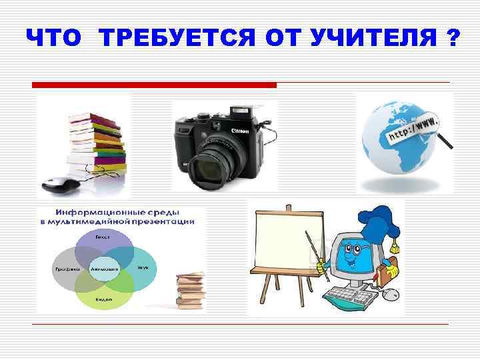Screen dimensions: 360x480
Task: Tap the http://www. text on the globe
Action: click(x=410, y=131)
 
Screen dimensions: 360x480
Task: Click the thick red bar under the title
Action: click(x=154, y=85)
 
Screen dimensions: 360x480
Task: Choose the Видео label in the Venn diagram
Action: click(x=103, y=300)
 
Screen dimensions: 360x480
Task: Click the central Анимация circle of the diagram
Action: click(x=104, y=268)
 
